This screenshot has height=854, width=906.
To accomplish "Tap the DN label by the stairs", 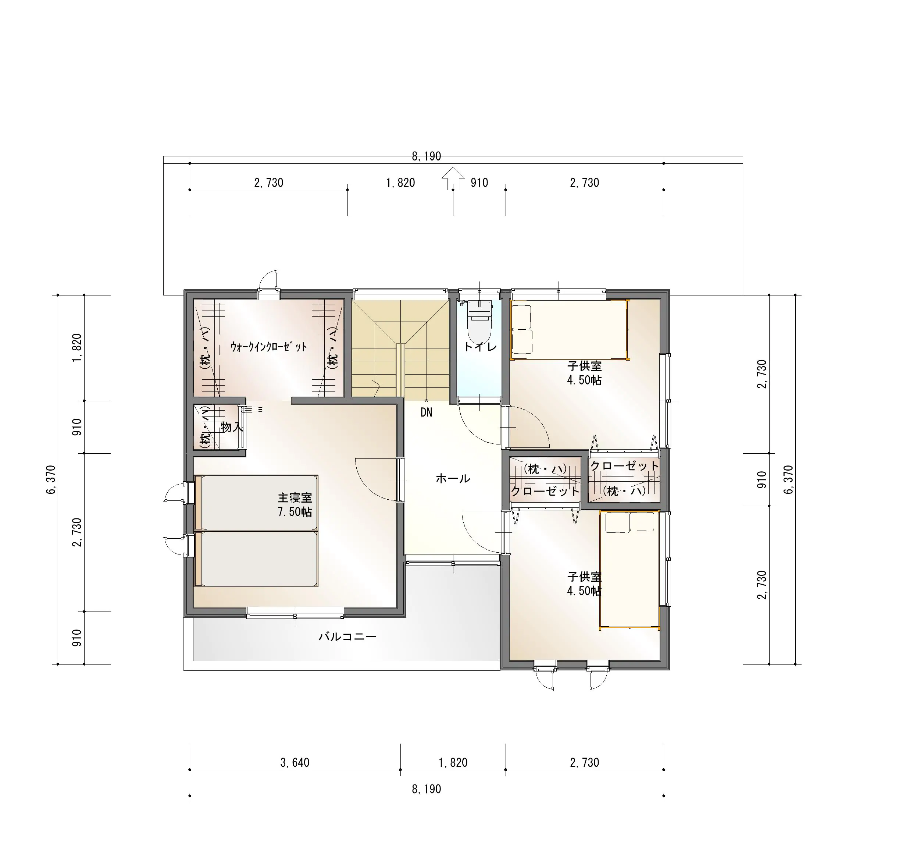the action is coord(427,412).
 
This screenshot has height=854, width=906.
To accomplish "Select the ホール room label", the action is coord(453,479).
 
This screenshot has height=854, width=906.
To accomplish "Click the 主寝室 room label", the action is coord(295,498).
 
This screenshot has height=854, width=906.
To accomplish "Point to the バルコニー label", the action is coord(348,637).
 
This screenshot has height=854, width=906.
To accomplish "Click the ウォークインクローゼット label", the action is coord(268,347).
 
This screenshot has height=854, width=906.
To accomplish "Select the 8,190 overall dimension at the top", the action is coord(427,156).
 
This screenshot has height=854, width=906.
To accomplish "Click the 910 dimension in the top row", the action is coord(479,183).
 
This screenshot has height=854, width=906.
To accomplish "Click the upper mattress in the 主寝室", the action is coord(259,503).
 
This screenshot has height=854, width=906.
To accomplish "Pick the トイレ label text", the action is coord(480,347).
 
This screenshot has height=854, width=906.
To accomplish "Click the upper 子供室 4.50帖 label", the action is coord(584,373).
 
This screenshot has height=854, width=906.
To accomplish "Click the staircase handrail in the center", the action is coord(400,370).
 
